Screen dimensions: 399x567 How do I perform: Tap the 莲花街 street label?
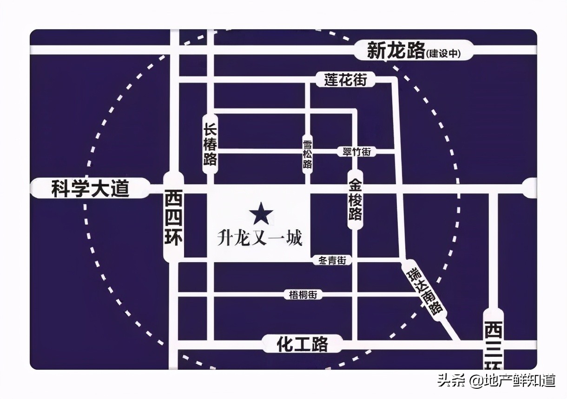pos(345,80)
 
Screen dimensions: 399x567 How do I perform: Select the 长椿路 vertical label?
pos(210,144)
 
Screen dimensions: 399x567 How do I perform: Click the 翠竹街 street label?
pos(356,152)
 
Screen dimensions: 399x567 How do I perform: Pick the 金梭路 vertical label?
pos(356,201)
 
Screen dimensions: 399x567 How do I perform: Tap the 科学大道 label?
pos(90,189)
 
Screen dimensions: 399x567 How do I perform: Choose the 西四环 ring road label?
pos(174,218)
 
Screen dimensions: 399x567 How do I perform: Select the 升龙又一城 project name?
pos(260,239)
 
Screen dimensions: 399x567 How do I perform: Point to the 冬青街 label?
pos(332,261)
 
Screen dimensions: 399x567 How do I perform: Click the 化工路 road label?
pos(302,344)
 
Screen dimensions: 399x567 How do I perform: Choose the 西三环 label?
pos(493,343)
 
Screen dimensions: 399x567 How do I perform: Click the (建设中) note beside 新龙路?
pos(444,54)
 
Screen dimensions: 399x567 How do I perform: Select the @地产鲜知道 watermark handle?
pos(512,381)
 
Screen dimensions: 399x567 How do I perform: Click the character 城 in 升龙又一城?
pos(294,239)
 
